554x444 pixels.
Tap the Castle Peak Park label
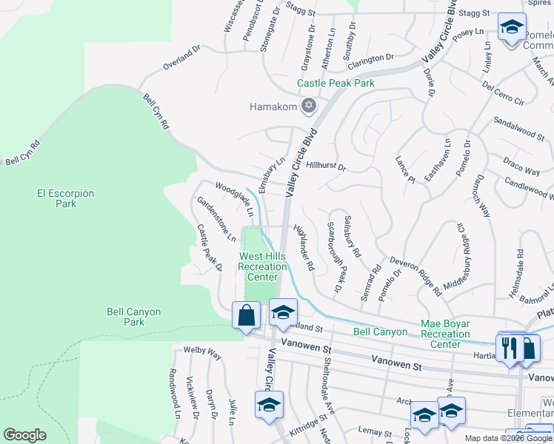[336, 84]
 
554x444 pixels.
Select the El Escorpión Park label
[66, 198]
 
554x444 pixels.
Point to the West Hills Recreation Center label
[262, 266]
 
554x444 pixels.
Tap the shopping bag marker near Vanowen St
[246, 316]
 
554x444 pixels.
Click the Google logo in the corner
[24, 435]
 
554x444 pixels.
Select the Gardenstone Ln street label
[216, 218]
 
